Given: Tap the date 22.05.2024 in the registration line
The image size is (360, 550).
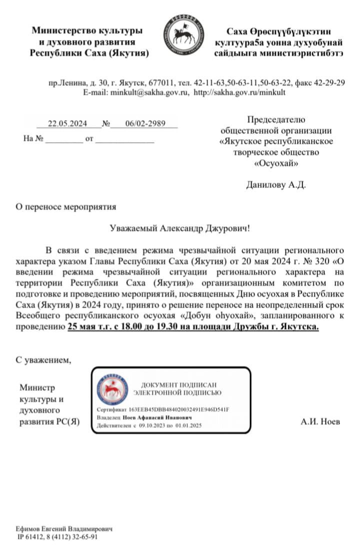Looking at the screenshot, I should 67,124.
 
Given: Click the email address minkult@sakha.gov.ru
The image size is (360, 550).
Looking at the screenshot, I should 149,93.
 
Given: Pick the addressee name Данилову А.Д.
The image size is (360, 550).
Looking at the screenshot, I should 276,185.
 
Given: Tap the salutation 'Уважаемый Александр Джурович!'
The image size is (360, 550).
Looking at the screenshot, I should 179,228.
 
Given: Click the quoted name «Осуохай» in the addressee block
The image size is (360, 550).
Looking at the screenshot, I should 276,163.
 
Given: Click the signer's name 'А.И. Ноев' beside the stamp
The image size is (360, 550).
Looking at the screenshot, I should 320,422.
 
